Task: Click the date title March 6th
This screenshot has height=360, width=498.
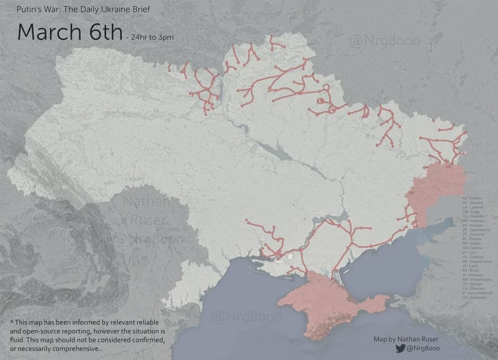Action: (x=70, y=32)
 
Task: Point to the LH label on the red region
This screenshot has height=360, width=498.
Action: (x=448, y=167)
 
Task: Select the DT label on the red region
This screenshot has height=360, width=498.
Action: (x=412, y=193)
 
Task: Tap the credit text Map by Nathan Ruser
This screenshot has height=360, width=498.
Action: (x=406, y=339)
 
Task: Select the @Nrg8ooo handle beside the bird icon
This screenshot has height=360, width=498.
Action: (x=423, y=348)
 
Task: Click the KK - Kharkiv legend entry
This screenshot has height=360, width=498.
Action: (x=472, y=198)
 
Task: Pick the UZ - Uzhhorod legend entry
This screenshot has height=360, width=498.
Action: (x=474, y=297)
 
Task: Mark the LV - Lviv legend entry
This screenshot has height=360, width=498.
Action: (x=470, y=252)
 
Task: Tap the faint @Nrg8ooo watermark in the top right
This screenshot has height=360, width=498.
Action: (x=384, y=41)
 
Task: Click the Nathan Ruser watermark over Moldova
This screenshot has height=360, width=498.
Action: (x=147, y=212)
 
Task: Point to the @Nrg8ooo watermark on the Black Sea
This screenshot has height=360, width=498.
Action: (x=246, y=317)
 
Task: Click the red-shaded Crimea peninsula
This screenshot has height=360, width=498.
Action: (x=324, y=303)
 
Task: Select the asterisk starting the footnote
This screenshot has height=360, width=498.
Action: (x=11, y=322)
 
